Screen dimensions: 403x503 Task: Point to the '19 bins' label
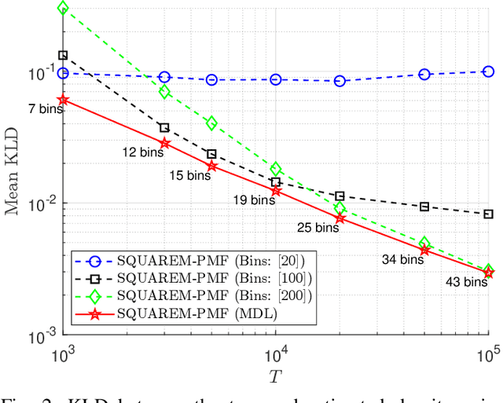tap(254, 200)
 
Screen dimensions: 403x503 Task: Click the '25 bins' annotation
tap(318, 228)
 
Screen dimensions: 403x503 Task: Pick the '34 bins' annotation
tap(401, 259)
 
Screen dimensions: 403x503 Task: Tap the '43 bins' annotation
tap(465, 281)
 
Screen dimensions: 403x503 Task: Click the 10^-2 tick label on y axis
tap(41, 204)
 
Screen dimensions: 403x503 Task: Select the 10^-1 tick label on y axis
tap(41, 73)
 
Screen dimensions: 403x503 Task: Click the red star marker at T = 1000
tap(63, 101)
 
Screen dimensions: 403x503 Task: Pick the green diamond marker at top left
tap(63, 9)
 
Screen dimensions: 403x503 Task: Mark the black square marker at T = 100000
tap(488, 214)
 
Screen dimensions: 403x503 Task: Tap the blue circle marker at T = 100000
tap(488, 71)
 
